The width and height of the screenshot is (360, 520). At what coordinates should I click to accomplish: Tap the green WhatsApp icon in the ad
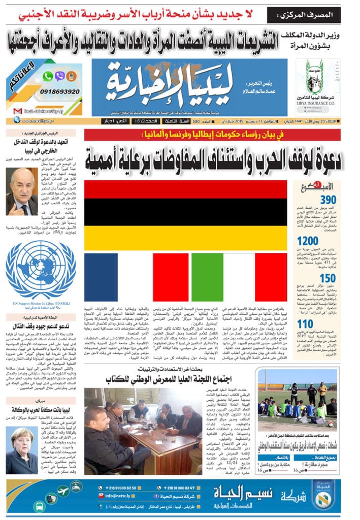(48, 76)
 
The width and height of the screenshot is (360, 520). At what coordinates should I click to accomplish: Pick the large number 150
(327, 278)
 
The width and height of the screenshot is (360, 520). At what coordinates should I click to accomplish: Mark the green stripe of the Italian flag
(200, 277)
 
